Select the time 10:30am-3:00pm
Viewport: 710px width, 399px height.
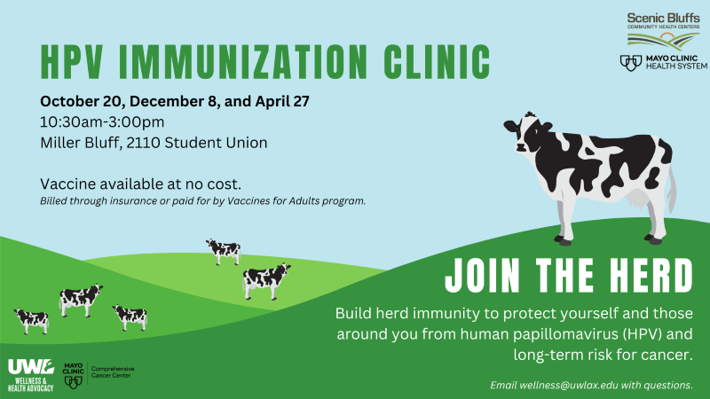click(x=102, y=121)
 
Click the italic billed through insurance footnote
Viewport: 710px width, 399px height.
click(x=202, y=201)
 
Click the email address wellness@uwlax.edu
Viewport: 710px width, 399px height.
click(x=572, y=386)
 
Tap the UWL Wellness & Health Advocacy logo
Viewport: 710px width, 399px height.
click(x=31, y=373)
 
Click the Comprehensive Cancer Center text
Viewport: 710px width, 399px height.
click(x=113, y=372)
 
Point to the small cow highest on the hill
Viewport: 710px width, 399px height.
click(x=223, y=251)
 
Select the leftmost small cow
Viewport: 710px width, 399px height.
click(x=31, y=320)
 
